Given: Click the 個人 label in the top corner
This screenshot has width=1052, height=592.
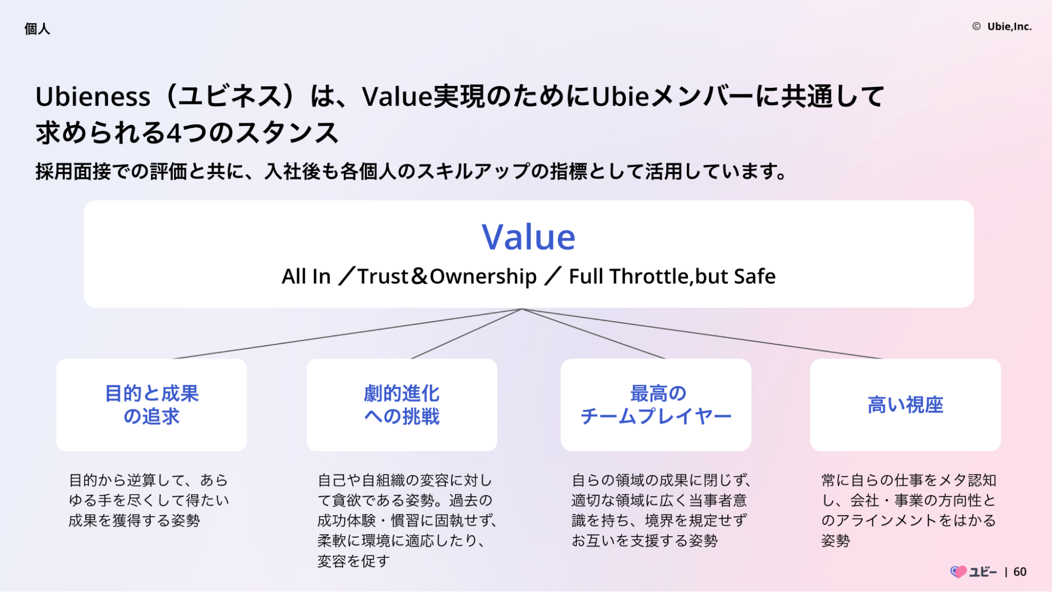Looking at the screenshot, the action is pos(37,28).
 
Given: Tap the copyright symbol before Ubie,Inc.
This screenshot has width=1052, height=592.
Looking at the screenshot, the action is pos(976,26).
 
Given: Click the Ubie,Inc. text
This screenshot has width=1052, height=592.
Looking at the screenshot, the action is pos(1009,26).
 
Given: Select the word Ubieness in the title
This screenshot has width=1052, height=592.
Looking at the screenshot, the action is pos(93,97).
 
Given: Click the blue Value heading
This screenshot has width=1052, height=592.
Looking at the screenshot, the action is pos(528,237).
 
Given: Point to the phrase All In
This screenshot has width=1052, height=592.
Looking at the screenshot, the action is pos(306,276).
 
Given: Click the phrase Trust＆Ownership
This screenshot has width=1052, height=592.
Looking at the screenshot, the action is pos(447,276).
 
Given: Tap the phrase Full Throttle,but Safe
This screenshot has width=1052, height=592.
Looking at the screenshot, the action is pos(672,276).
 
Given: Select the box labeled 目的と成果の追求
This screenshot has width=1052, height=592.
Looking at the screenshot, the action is pos(152,405).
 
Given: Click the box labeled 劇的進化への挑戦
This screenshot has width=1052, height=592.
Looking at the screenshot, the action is pos(402,405).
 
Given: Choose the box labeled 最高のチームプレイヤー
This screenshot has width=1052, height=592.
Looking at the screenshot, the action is pos(656,405).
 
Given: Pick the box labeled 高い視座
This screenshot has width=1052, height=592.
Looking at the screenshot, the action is pos(905,405).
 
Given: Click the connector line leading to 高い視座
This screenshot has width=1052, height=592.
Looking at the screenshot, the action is pos(702,334).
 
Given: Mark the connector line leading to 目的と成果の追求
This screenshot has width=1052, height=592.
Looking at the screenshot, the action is pos(348,334).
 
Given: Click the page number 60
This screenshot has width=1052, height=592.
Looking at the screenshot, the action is pos(1020,572).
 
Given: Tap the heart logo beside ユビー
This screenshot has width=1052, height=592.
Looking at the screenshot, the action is pos(958,572).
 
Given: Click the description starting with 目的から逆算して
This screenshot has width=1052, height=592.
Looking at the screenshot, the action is pos(149,500).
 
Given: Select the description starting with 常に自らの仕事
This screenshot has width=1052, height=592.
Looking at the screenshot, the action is pos(909,510).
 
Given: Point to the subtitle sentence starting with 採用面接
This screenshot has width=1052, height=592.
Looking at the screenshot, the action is pos(411,172).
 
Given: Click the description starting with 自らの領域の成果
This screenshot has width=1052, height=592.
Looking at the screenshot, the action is pos(661,510).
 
